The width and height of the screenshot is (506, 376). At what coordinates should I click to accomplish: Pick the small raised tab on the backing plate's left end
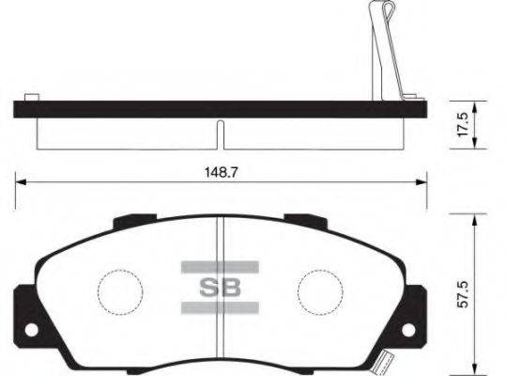[x=31, y=97]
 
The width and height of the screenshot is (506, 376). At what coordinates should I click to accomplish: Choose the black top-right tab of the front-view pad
[x=304, y=222]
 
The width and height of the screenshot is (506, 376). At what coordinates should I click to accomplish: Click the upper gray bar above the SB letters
[x=218, y=266]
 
